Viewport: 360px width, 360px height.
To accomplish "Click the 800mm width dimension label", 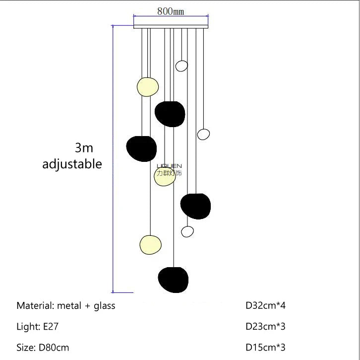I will [x=171, y=11].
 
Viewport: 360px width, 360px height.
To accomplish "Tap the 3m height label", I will [x=84, y=147].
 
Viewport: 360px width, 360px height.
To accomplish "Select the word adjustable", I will [x=72, y=164].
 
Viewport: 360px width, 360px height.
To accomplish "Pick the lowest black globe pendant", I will [x=173, y=280].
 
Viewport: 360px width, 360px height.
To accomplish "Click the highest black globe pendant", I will [x=170, y=114].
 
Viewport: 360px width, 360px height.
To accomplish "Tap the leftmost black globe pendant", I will [x=141, y=148].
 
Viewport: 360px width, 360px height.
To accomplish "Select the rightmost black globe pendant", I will [x=195, y=206].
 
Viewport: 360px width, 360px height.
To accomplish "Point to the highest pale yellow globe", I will [x=148, y=86].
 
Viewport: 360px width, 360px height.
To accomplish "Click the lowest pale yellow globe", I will [x=150, y=244].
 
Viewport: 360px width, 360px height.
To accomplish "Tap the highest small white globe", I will [x=182, y=66].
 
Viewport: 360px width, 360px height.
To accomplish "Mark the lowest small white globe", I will [x=187, y=231].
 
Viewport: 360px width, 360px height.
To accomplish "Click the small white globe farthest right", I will [x=203, y=134].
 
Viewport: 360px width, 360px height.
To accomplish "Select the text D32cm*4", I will [x=266, y=305].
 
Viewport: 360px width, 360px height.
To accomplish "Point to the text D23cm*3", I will [x=266, y=326].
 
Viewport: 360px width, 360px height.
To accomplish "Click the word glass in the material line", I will [x=104, y=305].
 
